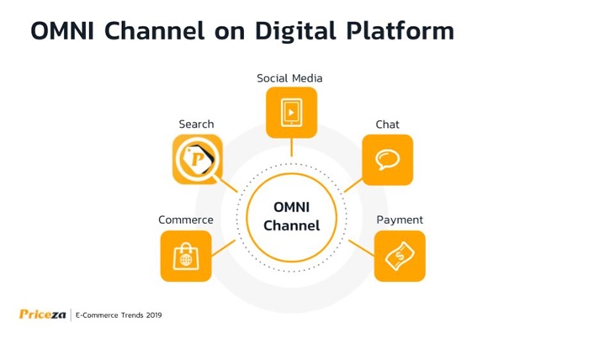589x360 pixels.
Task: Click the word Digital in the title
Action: (x=295, y=31)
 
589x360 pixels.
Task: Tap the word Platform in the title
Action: (x=400, y=30)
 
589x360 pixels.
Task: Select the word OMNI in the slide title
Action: (x=62, y=31)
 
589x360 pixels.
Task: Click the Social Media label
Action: (x=289, y=78)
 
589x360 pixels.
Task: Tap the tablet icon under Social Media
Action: (x=291, y=112)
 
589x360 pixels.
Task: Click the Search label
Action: (x=196, y=124)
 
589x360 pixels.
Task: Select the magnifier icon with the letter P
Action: (x=198, y=159)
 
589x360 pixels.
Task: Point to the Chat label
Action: (x=387, y=124)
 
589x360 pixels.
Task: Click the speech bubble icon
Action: (x=387, y=160)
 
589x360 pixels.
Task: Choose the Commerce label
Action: (x=186, y=220)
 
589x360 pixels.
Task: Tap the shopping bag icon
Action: (x=186, y=256)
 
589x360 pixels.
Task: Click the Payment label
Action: (x=400, y=220)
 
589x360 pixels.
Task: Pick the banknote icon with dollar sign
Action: (x=400, y=256)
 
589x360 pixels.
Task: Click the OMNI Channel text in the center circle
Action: (x=291, y=216)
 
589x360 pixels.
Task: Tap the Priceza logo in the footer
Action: (x=42, y=315)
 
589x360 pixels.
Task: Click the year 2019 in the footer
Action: (x=154, y=315)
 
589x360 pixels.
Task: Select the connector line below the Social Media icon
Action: (x=291, y=147)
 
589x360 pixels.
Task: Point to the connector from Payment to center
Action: (x=361, y=248)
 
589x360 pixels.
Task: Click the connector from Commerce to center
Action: (x=224, y=248)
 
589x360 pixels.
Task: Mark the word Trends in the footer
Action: (x=132, y=315)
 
